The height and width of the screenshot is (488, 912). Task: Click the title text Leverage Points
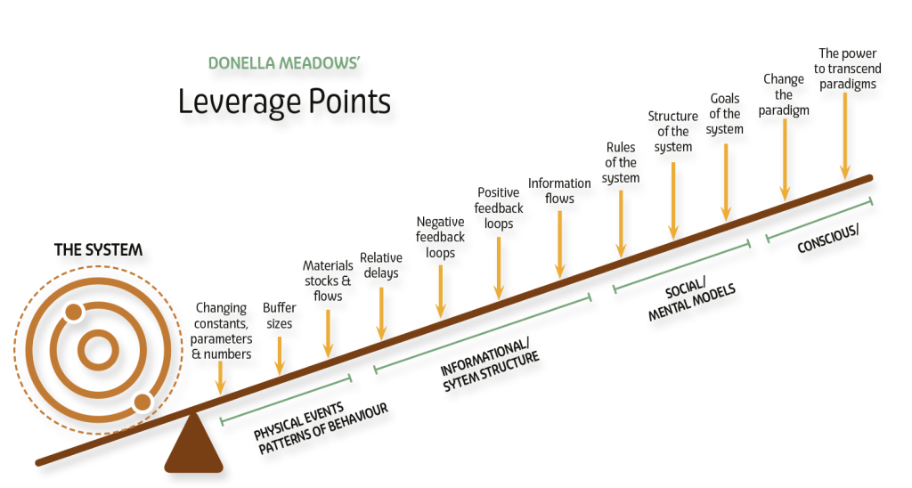[x=284, y=102]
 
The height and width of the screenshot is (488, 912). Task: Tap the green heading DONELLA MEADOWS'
[x=284, y=63]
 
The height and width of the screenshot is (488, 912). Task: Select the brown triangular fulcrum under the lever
[x=193, y=443]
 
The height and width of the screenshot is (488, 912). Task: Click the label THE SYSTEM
[x=98, y=250]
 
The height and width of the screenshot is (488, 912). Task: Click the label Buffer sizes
[x=279, y=315]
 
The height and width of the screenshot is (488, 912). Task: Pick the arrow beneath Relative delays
[x=381, y=313]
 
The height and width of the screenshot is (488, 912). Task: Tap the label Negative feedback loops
[x=440, y=237]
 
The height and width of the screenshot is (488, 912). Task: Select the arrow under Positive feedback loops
[x=499, y=268]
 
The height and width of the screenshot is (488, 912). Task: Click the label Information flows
[x=559, y=191]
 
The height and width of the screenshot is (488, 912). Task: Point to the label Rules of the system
[x=621, y=163]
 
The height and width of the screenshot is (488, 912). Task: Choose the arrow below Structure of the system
[x=673, y=200]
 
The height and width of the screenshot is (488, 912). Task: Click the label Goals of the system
[x=725, y=114]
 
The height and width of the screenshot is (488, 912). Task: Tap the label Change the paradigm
[x=784, y=94]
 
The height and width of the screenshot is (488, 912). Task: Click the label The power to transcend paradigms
[x=848, y=69]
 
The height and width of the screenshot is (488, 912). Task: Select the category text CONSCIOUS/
[x=827, y=239]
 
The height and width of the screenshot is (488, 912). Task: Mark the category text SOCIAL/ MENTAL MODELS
[x=690, y=298]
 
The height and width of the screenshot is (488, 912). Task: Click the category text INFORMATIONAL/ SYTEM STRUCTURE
[x=489, y=365]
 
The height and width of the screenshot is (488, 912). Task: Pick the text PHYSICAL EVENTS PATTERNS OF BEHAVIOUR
[x=321, y=427]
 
